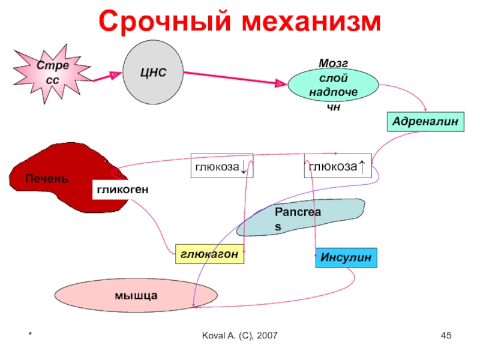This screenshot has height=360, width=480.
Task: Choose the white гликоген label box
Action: pyautogui.click(x=121, y=189)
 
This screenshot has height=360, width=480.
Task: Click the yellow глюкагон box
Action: pyautogui.click(x=211, y=254)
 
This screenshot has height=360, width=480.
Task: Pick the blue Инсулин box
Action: pyautogui.click(x=346, y=257)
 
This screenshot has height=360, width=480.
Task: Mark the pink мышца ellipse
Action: pyautogui.click(x=136, y=295)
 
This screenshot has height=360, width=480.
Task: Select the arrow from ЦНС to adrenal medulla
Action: pyautogui.click(x=234, y=78)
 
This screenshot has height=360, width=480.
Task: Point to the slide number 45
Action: pyautogui.click(x=446, y=335)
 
